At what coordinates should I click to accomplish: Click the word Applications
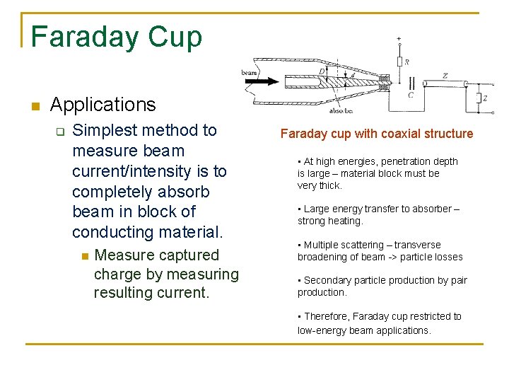pos(103,105)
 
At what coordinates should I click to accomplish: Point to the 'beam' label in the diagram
pos(249,72)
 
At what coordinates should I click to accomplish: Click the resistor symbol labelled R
pos(399,62)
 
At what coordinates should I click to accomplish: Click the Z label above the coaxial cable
pos(444,75)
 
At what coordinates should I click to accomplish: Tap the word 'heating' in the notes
pos(347,221)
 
